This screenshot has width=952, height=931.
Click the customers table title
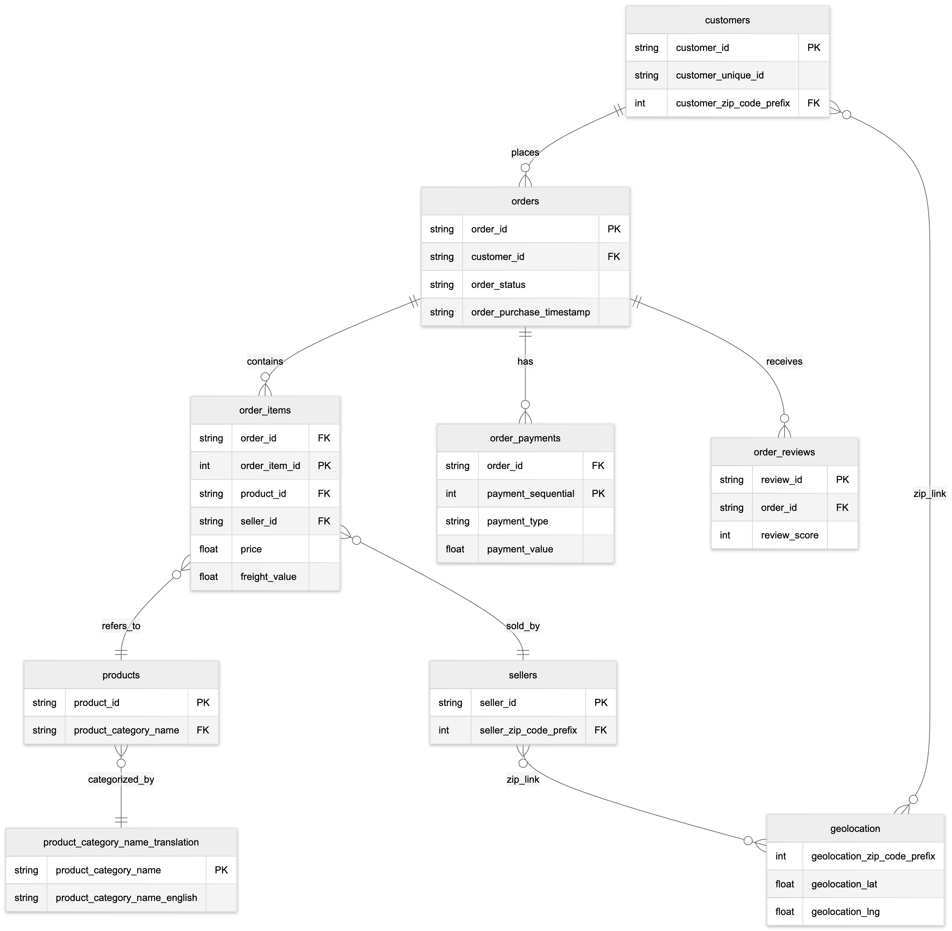(727, 20)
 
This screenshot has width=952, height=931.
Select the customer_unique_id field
(719, 75)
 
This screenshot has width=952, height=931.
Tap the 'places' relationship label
(525, 152)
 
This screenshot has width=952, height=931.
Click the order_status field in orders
(498, 285)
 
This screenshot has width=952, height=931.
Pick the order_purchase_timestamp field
(530, 312)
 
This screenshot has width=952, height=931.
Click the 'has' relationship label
(525, 362)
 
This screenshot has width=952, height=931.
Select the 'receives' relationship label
(784, 362)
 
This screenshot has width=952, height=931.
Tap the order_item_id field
(270, 465)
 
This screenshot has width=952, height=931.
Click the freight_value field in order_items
(268, 576)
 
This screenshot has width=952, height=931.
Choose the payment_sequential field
(530, 493)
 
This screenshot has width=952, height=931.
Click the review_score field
(789, 535)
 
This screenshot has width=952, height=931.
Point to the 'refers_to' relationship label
(121, 626)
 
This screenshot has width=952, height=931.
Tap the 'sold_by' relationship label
(522, 626)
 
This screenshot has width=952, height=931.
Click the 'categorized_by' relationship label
(121, 780)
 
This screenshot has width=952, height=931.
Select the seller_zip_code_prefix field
(528, 730)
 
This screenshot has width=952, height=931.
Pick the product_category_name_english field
(126, 898)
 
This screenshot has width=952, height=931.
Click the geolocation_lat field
(844, 884)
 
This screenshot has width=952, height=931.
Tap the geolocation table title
(855, 828)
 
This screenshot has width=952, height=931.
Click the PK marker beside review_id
(842, 480)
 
